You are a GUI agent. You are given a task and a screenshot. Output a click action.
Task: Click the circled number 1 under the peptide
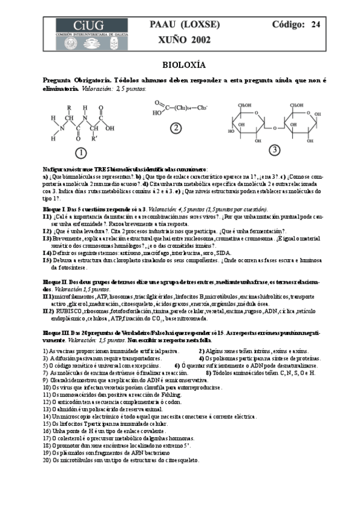coord(81,151)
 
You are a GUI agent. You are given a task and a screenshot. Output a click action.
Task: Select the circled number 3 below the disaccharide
coord(274,149)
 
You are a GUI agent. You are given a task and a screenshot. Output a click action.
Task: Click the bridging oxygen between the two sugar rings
coord(273,127)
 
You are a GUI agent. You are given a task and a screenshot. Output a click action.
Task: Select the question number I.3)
coord(47,238)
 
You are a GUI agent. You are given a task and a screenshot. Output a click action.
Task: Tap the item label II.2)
coord(47,311)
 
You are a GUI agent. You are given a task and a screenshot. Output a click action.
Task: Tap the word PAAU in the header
coord(160,25)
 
